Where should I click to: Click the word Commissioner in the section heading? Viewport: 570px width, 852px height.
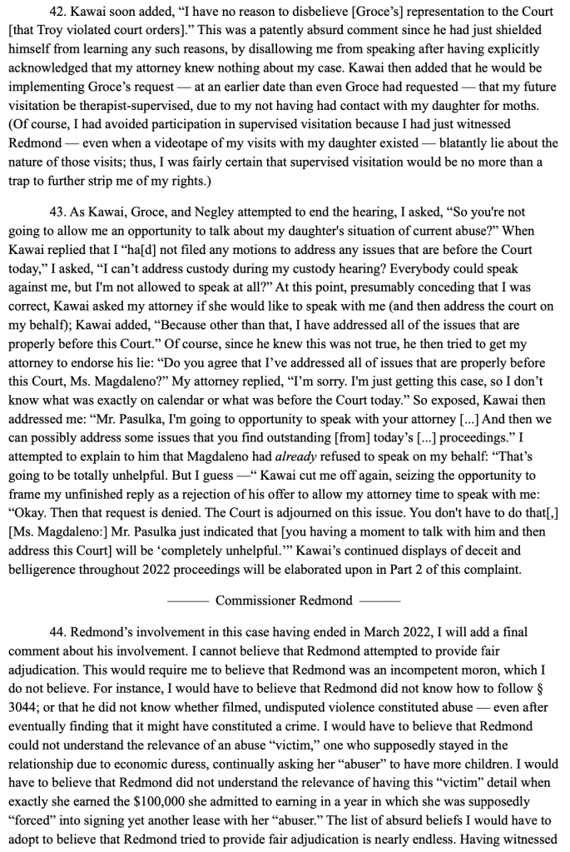click(253, 600)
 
